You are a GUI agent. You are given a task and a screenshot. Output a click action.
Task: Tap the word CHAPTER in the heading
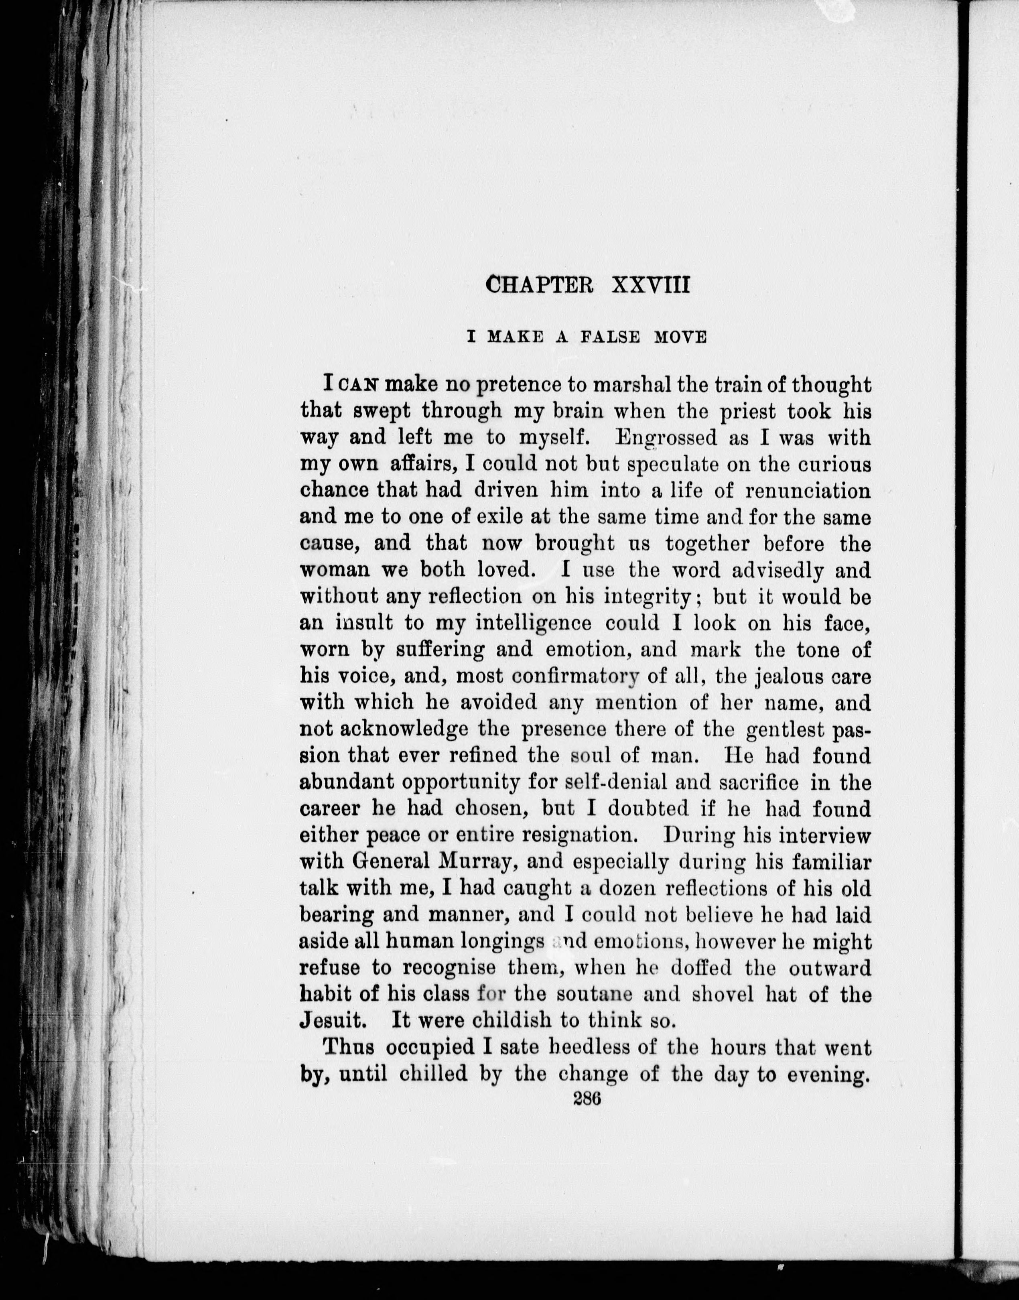(x=540, y=284)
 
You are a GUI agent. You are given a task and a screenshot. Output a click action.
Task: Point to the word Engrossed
(x=666, y=439)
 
